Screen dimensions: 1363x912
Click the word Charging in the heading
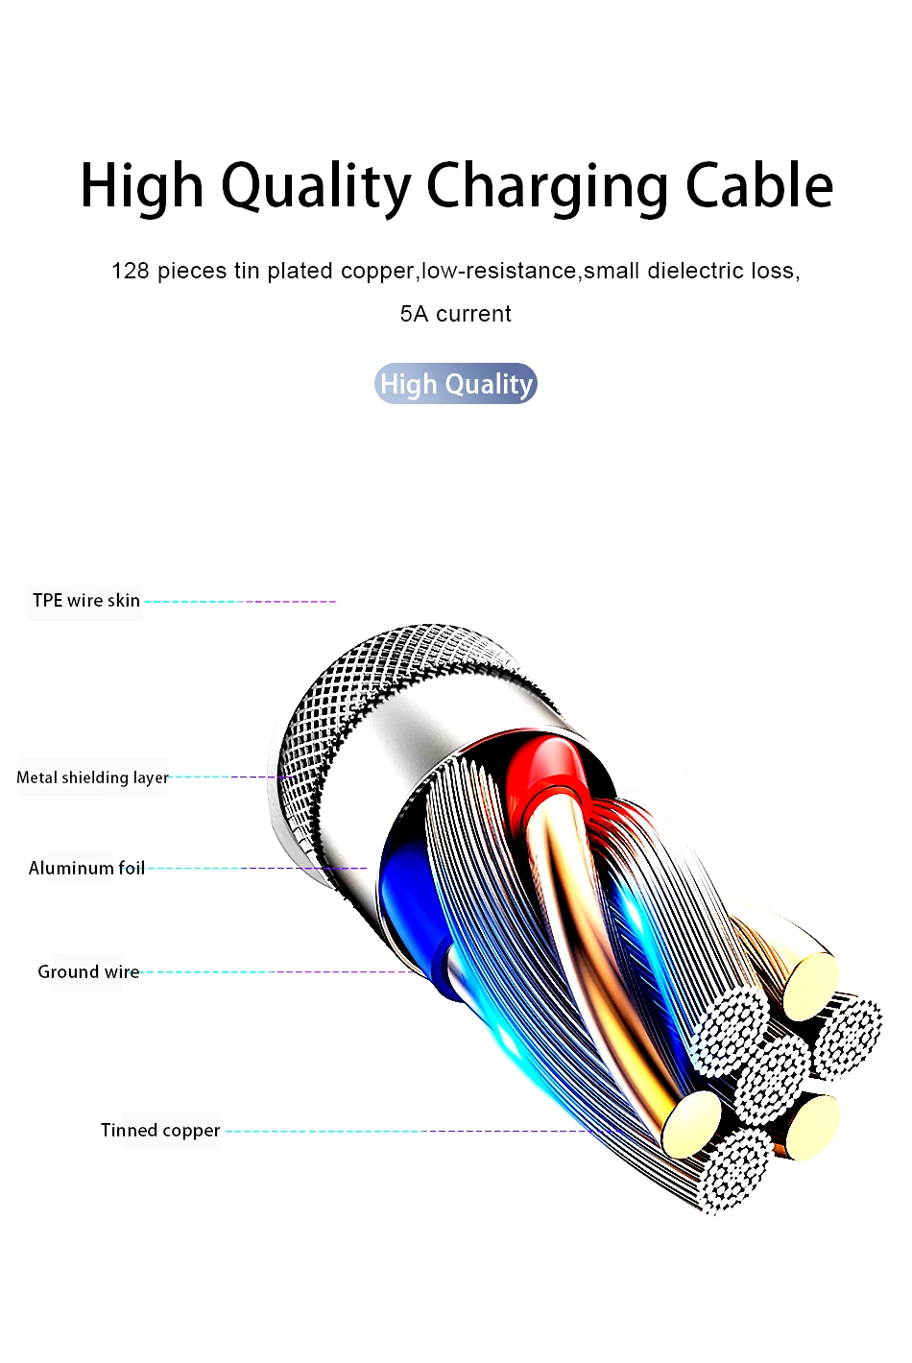click(546, 186)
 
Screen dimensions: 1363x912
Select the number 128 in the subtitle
click(130, 272)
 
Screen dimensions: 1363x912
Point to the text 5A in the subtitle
click(414, 314)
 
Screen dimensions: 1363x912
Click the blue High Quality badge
click(456, 384)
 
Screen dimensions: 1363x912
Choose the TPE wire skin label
click(86, 601)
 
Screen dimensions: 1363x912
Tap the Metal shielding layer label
click(92, 777)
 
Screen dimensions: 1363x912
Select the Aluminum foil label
click(86, 869)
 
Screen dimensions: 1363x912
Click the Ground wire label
click(88, 972)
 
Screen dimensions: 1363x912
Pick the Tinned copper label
click(160, 1131)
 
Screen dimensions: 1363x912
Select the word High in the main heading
click(142, 186)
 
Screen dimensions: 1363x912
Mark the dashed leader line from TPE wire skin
click(240, 602)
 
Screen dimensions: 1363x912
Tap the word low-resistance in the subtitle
click(499, 272)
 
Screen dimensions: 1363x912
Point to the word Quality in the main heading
click(317, 186)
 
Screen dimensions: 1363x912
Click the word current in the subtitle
click(473, 314)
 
